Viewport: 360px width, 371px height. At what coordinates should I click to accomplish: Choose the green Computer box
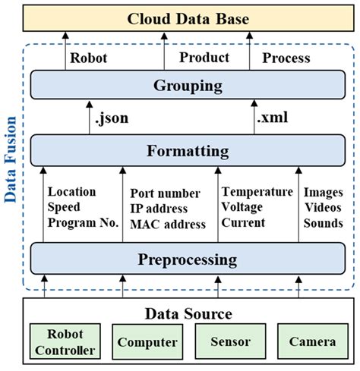(147, 342)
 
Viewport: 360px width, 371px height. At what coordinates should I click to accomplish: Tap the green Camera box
(311, 342)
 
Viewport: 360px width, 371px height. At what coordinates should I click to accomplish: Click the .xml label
(273, 118)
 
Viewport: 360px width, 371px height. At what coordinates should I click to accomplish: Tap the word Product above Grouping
(204, 58)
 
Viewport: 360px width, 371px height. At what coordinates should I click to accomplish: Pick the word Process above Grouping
(286, 58)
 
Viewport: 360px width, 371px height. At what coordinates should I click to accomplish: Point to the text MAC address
(168, 224)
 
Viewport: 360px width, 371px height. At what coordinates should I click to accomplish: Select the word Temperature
(256, 192)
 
